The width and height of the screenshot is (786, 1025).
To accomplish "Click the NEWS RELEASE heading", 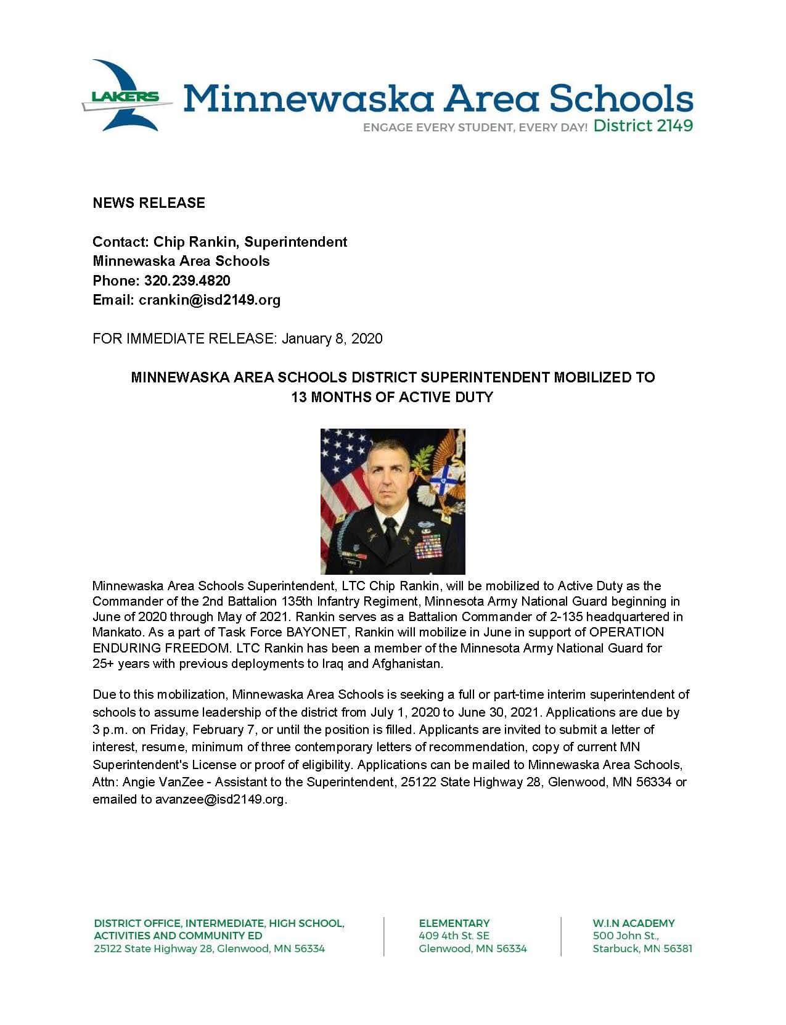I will tap(149, 203).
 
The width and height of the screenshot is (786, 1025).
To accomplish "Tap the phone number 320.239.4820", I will tap(187, 281).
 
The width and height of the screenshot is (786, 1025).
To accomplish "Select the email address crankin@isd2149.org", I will tap(210, 300).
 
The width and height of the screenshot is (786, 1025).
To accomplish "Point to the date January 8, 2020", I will tap(332, 339).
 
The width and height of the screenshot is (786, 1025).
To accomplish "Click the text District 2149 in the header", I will tap(643, 126).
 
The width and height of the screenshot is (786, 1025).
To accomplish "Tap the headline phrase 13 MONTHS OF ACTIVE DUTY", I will tap(392, 397).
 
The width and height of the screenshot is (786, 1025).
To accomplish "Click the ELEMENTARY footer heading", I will tap(454, 923).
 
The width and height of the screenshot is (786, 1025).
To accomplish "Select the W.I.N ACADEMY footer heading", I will tap(634, 923).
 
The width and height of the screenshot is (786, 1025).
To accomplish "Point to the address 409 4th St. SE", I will tap(454, 936).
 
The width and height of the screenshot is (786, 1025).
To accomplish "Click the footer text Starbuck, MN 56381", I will tap(642, 949).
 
